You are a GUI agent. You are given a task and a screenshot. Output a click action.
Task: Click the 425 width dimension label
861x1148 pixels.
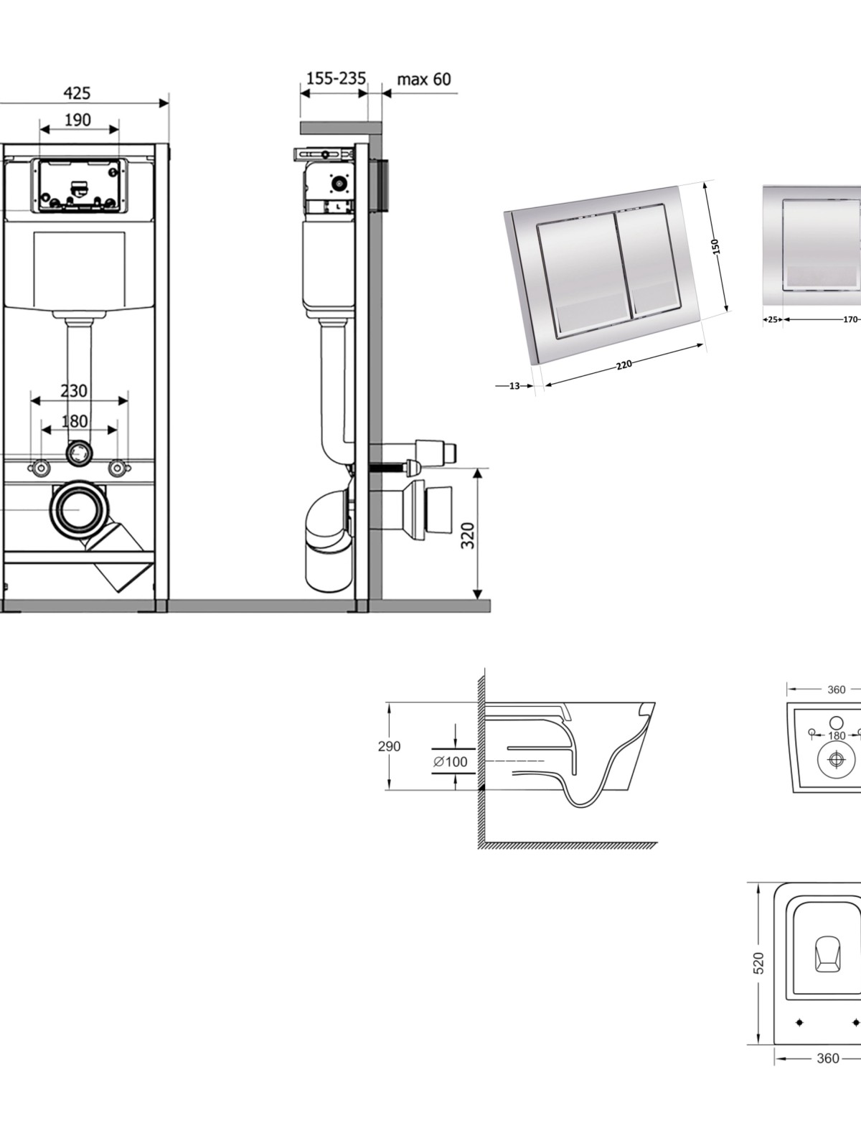click(x=77, y=93)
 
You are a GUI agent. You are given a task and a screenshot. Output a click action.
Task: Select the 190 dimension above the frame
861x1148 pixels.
click(x=77, y=121)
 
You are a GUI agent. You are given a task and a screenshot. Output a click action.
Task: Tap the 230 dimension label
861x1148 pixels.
click(x=74, y=391)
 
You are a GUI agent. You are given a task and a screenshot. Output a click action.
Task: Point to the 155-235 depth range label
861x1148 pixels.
click(x=336, y=78)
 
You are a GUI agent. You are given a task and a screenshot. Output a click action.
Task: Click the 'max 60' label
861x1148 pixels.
click(x=424, y=80)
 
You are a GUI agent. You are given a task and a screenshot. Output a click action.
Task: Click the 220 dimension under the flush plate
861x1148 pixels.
click(x=624, y=364)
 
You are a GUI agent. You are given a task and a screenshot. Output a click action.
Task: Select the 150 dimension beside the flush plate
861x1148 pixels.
click(x=715, y=246)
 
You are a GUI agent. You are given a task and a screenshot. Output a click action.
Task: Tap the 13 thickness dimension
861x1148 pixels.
click(x=514, y=386)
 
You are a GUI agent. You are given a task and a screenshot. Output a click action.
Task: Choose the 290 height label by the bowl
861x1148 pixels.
click(x=389, y=746)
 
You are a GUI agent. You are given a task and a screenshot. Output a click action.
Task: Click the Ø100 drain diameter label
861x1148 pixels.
click(x=450, y=762)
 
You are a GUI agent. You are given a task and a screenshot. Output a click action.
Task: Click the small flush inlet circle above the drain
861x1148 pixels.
click(x=78, y=452)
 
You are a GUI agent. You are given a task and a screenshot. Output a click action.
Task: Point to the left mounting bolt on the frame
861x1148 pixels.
click(x=39, y=468)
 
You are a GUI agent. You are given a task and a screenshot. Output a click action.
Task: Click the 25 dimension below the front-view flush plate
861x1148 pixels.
click(x=773, y=319)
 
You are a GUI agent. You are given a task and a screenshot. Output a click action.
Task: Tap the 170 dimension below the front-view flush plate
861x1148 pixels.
click(x=850, y=319)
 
